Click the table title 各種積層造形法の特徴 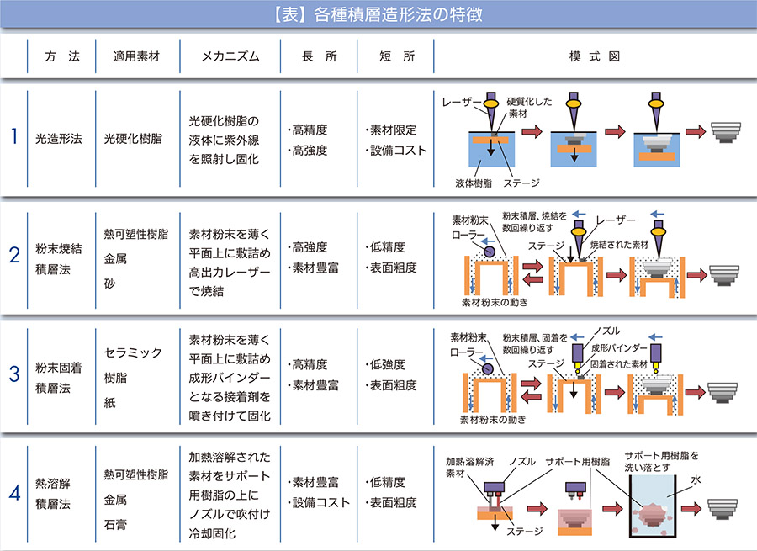click(398, 14)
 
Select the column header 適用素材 click(136, 56)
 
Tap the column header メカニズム click(230, 56)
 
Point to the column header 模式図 click(595, 56)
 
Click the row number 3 click(14, 374)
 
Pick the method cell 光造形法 click(58, 139)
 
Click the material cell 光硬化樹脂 click(133, 139)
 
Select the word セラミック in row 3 click(133, 352)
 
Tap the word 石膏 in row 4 click(115, 524)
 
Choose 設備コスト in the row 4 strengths click(321, 503)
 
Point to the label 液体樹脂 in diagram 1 click(474, 183)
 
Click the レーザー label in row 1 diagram click(462, 102)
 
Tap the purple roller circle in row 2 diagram click(489, 252)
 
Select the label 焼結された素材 click(619, 245)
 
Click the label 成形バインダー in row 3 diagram click(619, 347)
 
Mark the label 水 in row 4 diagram click(696, 479)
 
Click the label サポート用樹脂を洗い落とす click(661, 461)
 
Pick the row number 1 click(14, 136)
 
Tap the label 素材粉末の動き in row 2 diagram click(495, 302)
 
